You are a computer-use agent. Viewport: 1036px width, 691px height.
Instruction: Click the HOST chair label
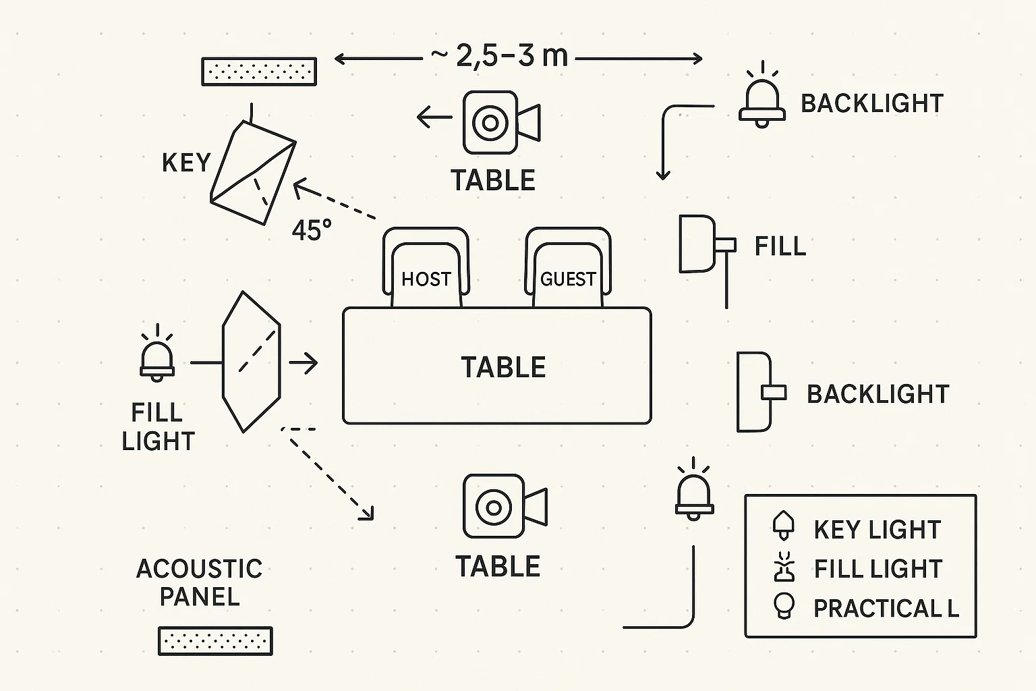426,279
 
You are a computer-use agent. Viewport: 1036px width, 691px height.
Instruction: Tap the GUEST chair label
568,279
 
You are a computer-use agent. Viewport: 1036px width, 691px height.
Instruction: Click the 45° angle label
312,231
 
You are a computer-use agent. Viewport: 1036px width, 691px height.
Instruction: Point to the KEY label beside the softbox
186,163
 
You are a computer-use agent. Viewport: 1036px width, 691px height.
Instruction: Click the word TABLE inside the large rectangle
503,368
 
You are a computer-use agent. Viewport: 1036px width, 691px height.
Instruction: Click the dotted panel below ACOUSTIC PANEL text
215,640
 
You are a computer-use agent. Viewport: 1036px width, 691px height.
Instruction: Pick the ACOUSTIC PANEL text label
199,582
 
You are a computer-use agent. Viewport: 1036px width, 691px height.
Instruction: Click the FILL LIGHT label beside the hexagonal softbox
158,426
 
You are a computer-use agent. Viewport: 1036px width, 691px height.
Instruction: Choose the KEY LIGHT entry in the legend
877,530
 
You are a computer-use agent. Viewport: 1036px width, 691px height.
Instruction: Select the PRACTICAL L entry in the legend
886,608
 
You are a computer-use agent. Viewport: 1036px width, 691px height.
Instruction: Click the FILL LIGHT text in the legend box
877,569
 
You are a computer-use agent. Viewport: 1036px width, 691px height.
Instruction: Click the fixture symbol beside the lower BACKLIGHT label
760,391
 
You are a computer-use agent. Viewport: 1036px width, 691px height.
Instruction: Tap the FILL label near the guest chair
780,246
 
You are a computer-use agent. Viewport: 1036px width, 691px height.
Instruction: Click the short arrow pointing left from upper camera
434,118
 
